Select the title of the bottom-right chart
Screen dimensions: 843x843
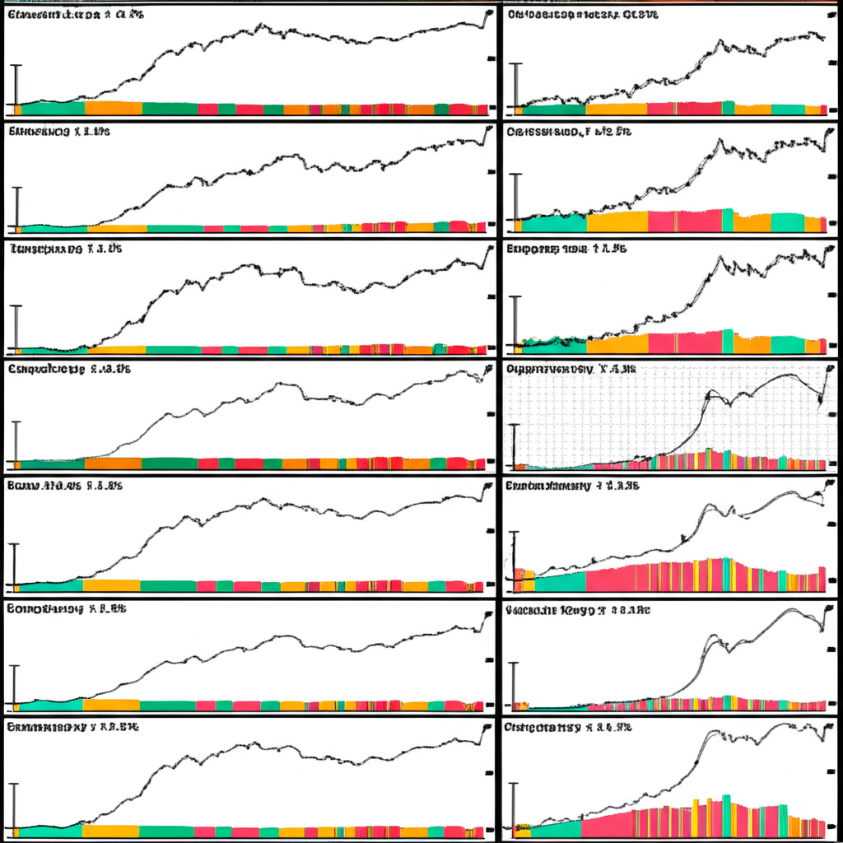(x=569, y=728)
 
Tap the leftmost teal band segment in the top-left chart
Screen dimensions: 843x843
(x=51, y=108)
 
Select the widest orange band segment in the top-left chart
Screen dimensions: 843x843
(x=114, y=108)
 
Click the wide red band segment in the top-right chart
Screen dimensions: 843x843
(x=683, y=108)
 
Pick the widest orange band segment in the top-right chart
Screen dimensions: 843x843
(x=616, y=108)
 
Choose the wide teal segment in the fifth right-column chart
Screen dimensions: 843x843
(x=560, y=582)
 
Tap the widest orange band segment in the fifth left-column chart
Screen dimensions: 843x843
(x=111, y=585)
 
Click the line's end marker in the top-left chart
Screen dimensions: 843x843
(x=490, y=12)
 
